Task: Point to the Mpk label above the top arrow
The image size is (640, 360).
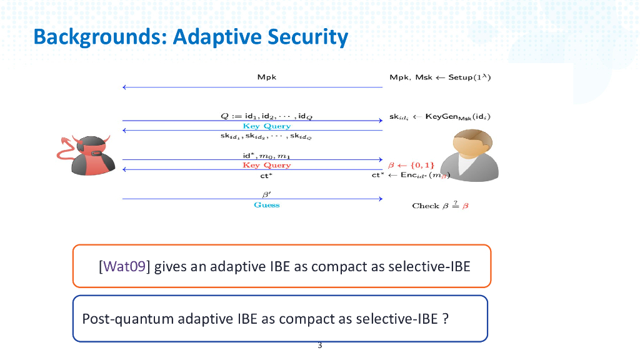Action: point(267,78)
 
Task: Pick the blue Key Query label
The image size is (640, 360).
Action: point(267,126)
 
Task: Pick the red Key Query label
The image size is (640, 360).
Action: point(267,166)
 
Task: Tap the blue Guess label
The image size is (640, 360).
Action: point(267,205)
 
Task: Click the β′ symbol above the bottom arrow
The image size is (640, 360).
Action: point(266,194)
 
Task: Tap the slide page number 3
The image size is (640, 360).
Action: point(320,346)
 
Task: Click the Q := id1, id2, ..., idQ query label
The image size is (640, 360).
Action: point(266,116)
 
